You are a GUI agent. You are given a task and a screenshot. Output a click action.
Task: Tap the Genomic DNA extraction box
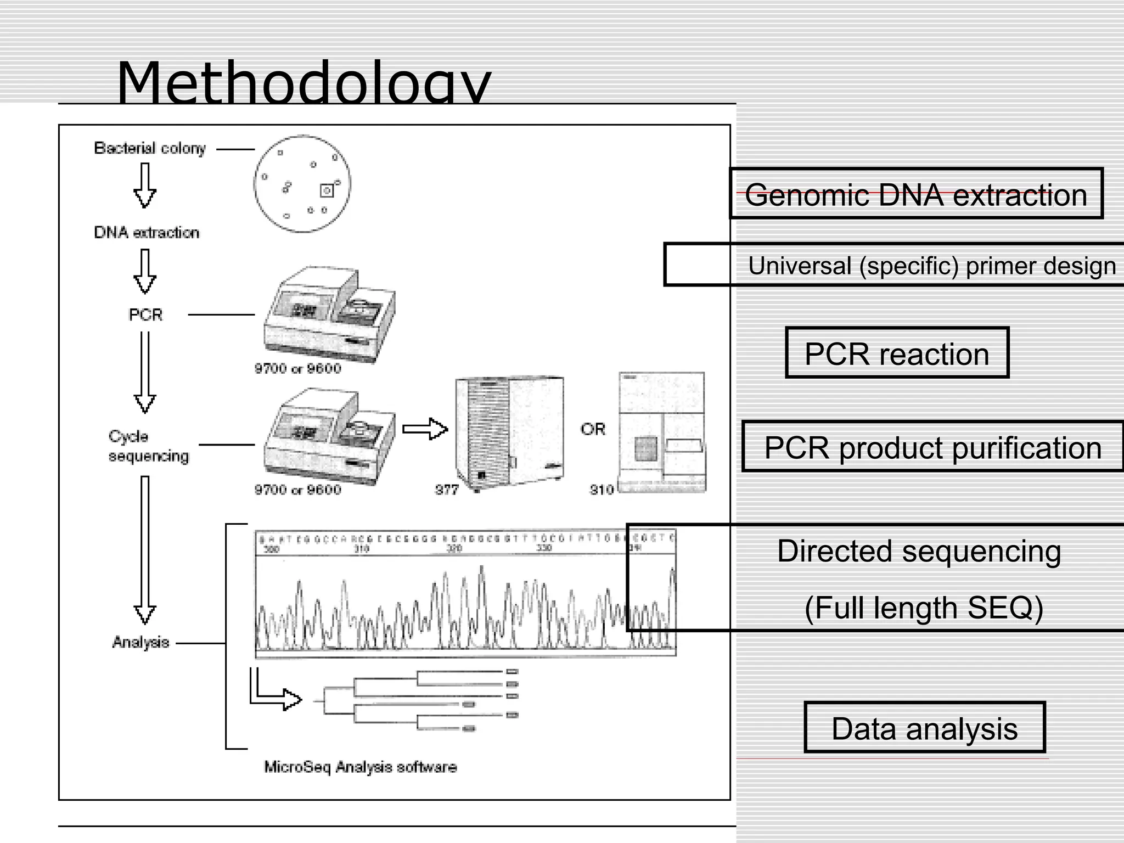[x=915, y=194]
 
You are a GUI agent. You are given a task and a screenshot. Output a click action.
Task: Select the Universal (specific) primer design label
[x=931, y=266]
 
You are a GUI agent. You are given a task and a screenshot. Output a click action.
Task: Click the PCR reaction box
[x=897, y=353]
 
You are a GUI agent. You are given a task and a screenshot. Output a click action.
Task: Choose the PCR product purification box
[x=932, y=447]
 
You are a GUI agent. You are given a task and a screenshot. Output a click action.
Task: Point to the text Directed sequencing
[x=919, y=550]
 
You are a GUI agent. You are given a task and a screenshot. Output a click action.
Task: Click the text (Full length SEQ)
[x=924, y=608]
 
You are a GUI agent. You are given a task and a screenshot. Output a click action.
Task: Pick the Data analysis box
[x=924, y=728]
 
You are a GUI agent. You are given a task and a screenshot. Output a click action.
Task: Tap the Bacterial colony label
[x=149, y=148]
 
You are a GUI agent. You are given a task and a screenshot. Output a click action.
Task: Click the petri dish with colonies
[x=302, y=183]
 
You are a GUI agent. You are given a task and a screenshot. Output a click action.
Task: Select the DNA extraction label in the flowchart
[x=147, y=232]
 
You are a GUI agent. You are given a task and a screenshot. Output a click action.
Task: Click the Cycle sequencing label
[x=148, y=446]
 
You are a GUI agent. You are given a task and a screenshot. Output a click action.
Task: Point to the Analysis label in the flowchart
[x=140, y=642]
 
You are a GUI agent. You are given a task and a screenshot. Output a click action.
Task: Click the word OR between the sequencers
[x=593, y=429]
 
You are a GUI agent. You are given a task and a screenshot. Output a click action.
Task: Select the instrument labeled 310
[x=662, y=432]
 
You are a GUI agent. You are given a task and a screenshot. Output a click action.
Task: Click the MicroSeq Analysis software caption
[x=360, y=766]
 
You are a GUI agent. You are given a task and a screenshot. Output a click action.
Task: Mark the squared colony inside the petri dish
[x=327, y=190]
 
